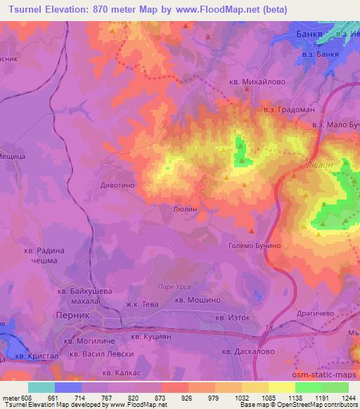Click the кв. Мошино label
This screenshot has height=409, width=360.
tap(198, 300)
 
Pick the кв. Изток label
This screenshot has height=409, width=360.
tap(233, 318)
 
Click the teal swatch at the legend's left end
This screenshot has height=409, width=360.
tap(41, 387)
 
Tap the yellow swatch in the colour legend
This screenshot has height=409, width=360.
tap(281, 387)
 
